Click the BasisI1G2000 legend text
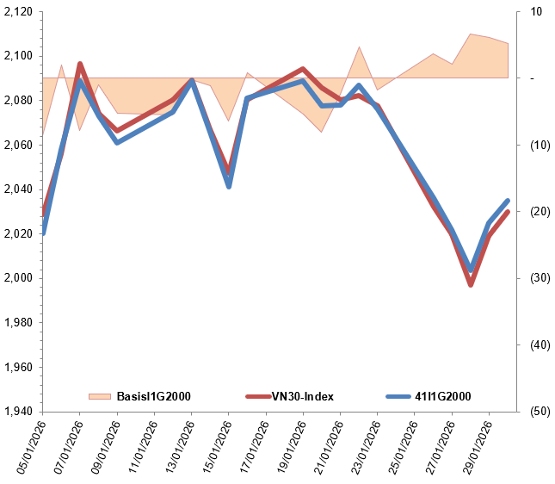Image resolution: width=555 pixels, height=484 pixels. pos(153,396)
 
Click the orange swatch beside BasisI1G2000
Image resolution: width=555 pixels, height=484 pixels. pos(101,396)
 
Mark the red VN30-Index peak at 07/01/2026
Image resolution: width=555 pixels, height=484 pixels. pos(80,64)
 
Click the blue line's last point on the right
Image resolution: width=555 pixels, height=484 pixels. pos(508,201)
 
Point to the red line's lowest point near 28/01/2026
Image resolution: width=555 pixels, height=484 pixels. pos(471,284)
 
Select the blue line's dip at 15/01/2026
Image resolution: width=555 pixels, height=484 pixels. pos(229,186)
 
